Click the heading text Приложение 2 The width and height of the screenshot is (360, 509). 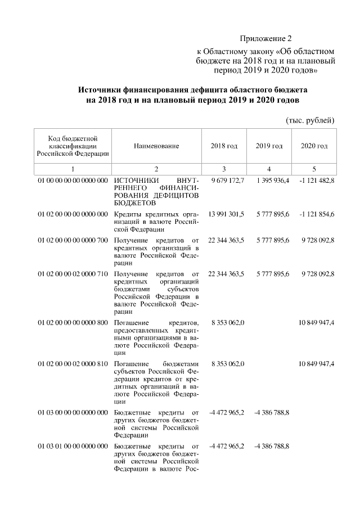click(x=266, y=39)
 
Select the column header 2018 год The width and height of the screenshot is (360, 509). click(x=224, y=146)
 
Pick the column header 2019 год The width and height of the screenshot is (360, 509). click(x=269, y=146)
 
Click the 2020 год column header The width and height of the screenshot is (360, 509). click(x=314, y=146)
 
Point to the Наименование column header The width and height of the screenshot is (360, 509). click(x=156, y=146)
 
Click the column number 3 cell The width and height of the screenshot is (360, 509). click(x=224, y=169)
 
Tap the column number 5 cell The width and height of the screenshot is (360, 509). click(x=314, y=169)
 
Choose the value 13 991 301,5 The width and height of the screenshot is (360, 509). click(x=226, y=214)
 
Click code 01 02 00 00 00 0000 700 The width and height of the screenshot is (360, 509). click(x=73, y=240)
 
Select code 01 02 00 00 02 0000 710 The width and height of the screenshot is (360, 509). click(x=73, y=274)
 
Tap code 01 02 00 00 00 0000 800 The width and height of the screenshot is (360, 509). click(x=73, y=323)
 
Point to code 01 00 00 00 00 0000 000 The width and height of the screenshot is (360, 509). click(x=73, y=180)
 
